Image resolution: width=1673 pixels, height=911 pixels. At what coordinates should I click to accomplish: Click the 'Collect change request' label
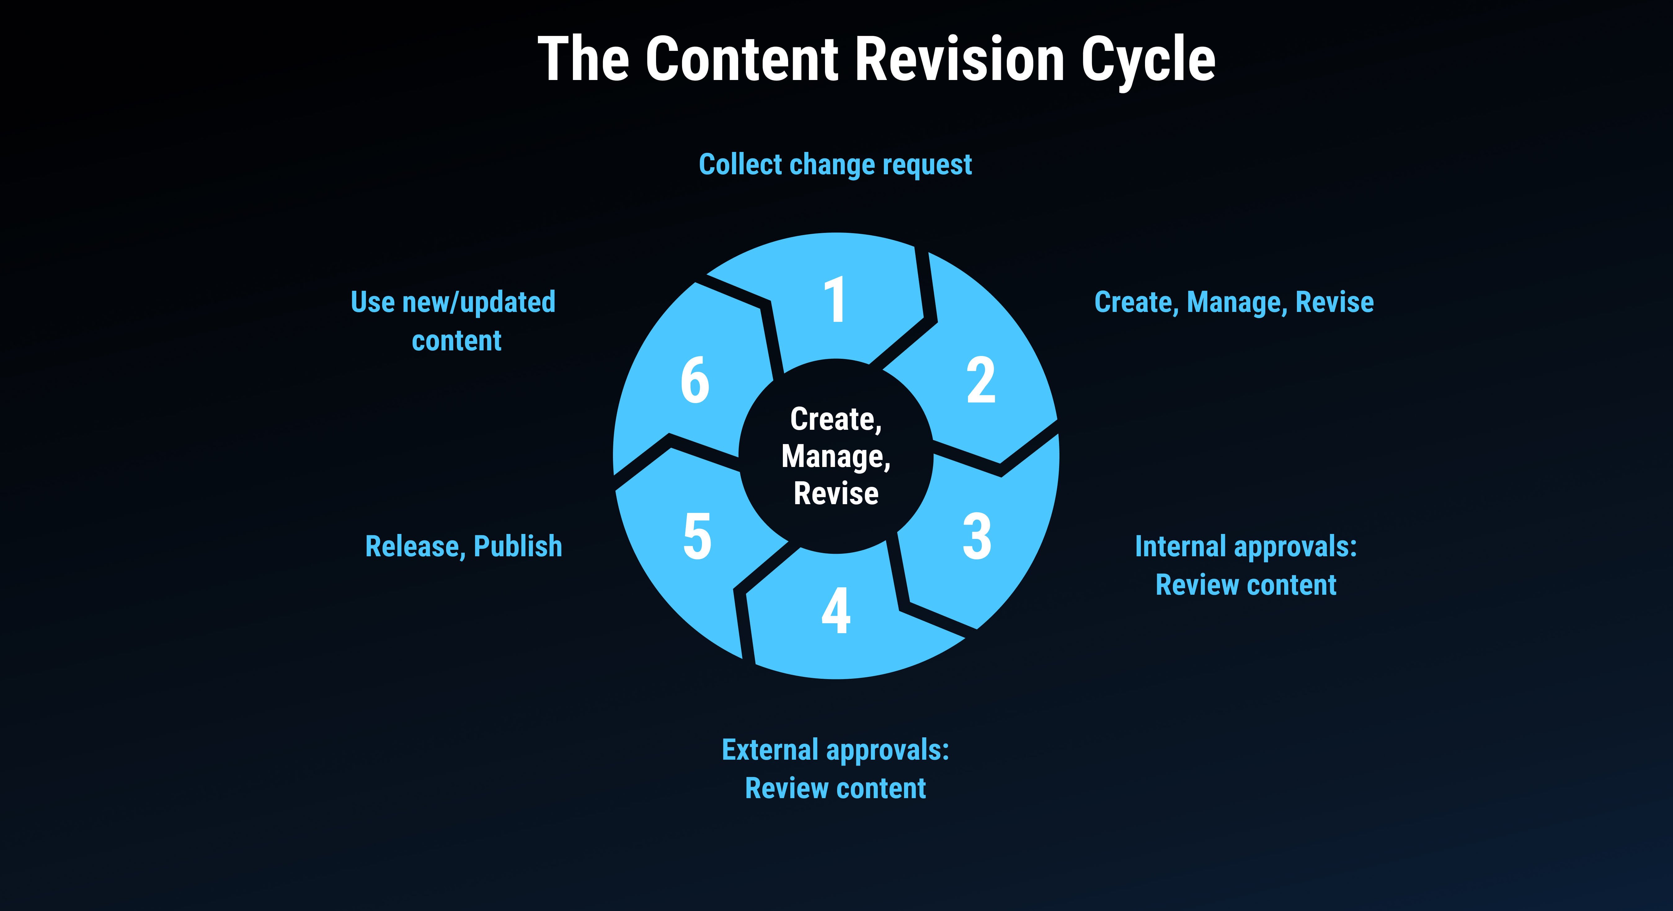835,165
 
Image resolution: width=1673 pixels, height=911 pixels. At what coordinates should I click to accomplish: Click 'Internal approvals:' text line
1246,547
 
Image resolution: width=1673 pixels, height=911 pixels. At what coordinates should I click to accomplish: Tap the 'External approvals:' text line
835,750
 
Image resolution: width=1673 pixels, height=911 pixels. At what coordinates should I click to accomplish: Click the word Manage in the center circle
835,456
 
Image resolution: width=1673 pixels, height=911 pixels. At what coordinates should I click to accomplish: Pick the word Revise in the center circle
836,494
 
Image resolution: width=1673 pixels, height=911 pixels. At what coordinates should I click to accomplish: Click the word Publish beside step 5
517,547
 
